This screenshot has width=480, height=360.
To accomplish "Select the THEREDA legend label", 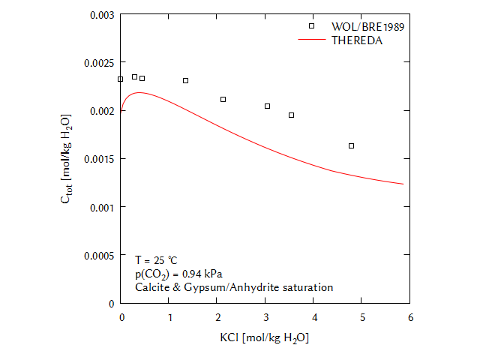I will (x=357, y=40).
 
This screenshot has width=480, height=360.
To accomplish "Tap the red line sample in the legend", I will (x=310, y=40).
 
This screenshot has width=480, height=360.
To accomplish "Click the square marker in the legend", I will (x=312, y=26).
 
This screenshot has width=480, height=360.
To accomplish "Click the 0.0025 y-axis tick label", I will (x=99, y=62).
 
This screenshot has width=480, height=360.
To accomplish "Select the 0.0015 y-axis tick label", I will (x=99, y=159).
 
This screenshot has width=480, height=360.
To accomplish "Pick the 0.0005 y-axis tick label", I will (x=99, y=255).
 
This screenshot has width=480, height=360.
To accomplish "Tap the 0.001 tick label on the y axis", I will (x=101, y=207).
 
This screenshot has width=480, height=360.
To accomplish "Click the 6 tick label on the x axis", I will (x=410, y=318).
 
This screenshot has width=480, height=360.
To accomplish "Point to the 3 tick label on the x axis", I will (x=265, y=318).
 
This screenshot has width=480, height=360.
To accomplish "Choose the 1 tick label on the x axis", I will (x=169, y=318).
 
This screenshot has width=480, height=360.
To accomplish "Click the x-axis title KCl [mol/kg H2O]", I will (x=265, y=338).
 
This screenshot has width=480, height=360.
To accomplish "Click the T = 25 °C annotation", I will (x=156, y=259).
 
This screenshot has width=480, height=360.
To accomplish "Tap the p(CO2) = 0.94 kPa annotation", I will (x=178, y=274).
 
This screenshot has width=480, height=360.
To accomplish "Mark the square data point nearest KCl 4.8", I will (x=352, y=145).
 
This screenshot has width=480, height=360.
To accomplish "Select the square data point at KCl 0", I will (x=121, y=79).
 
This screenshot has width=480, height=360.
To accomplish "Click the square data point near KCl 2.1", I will (x=223, y=99).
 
